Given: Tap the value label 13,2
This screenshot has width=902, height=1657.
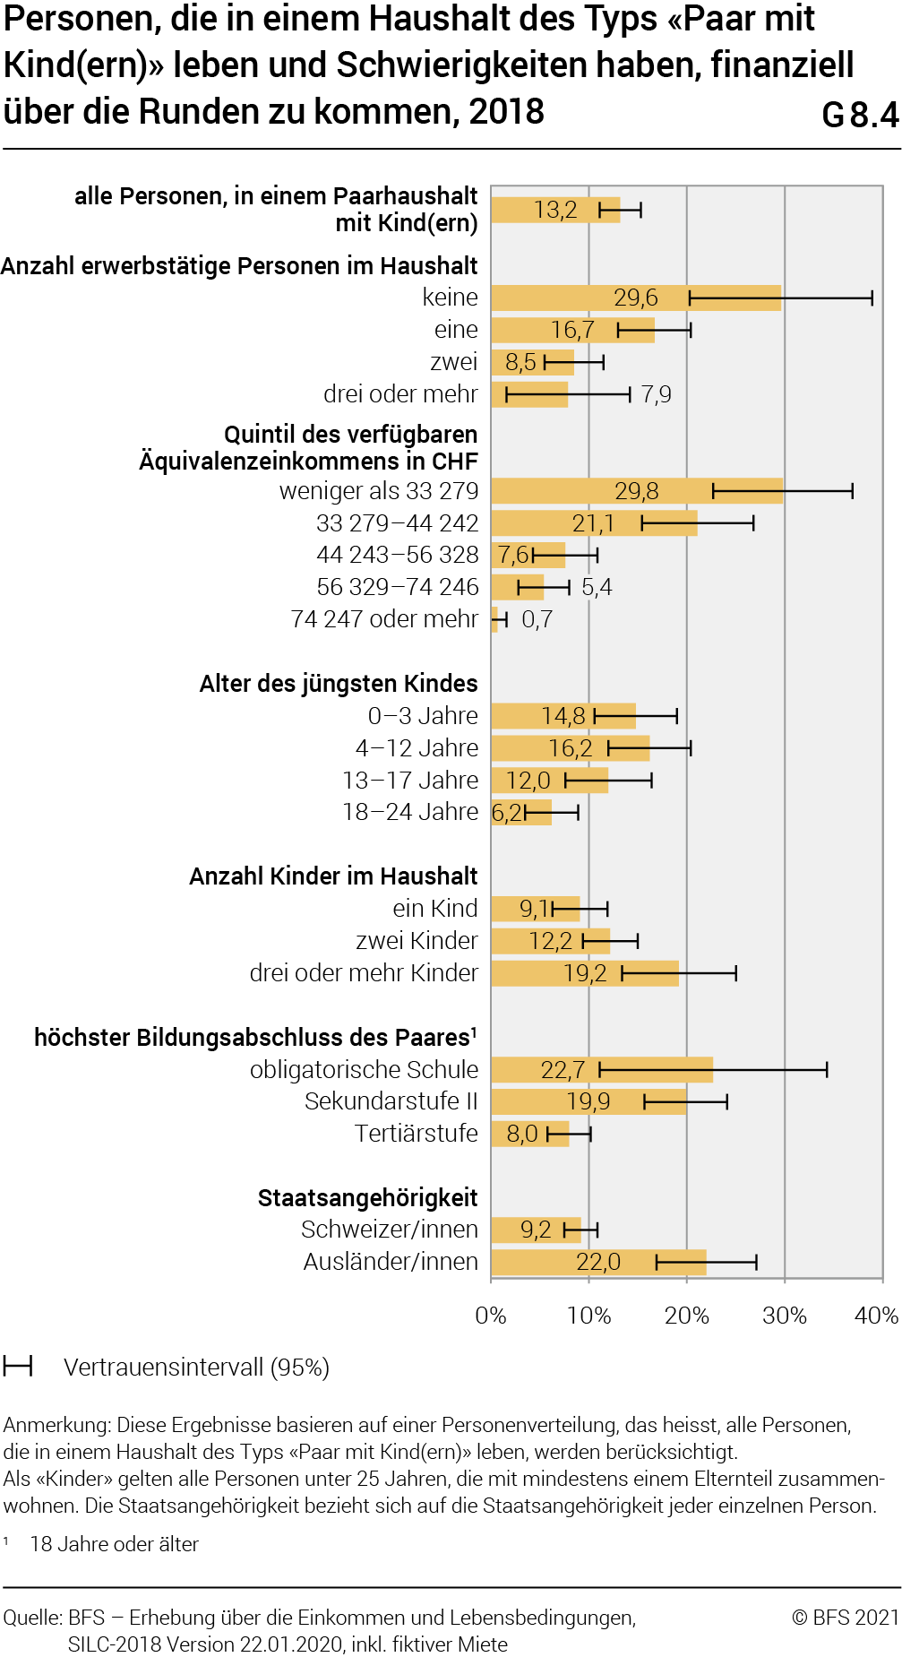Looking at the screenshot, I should [x=555, y=211].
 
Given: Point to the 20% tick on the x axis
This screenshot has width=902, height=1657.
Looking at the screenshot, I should [x=687, y=1316].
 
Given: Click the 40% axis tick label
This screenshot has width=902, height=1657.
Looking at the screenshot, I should [x=876, y=1316].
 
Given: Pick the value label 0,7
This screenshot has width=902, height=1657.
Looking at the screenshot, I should [x=537, y=619].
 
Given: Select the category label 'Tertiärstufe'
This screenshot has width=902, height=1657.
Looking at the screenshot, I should [x=417, y=1134].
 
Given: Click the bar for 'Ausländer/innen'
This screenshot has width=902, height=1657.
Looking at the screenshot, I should [x=598, y=1262].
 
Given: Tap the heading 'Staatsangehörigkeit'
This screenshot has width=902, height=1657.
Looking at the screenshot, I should [x=367, y=1198].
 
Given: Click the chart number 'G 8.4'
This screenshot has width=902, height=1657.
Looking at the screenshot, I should [x=859, y=115].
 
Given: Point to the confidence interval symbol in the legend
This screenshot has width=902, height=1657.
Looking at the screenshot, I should [x=18, y=1367].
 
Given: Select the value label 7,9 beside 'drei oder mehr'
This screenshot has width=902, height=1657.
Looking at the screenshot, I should [x=656, y=395].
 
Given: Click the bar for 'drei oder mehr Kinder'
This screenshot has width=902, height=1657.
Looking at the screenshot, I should [x=584, y=973].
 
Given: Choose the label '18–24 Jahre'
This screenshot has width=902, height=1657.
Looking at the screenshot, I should [x=410, y=812].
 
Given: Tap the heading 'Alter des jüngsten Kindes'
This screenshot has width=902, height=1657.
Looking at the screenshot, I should [x=339, y=684].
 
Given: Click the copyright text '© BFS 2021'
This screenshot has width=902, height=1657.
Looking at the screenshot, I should [x=845, y=1617].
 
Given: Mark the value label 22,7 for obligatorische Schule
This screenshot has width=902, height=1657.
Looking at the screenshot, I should [x=563, y=1070].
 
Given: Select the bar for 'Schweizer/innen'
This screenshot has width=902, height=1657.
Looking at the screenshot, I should [x=536, y=1230].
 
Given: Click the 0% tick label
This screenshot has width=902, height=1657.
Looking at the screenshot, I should [x=491, y=1316].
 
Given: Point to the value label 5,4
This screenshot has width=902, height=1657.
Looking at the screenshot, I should [x=597, y=588].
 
